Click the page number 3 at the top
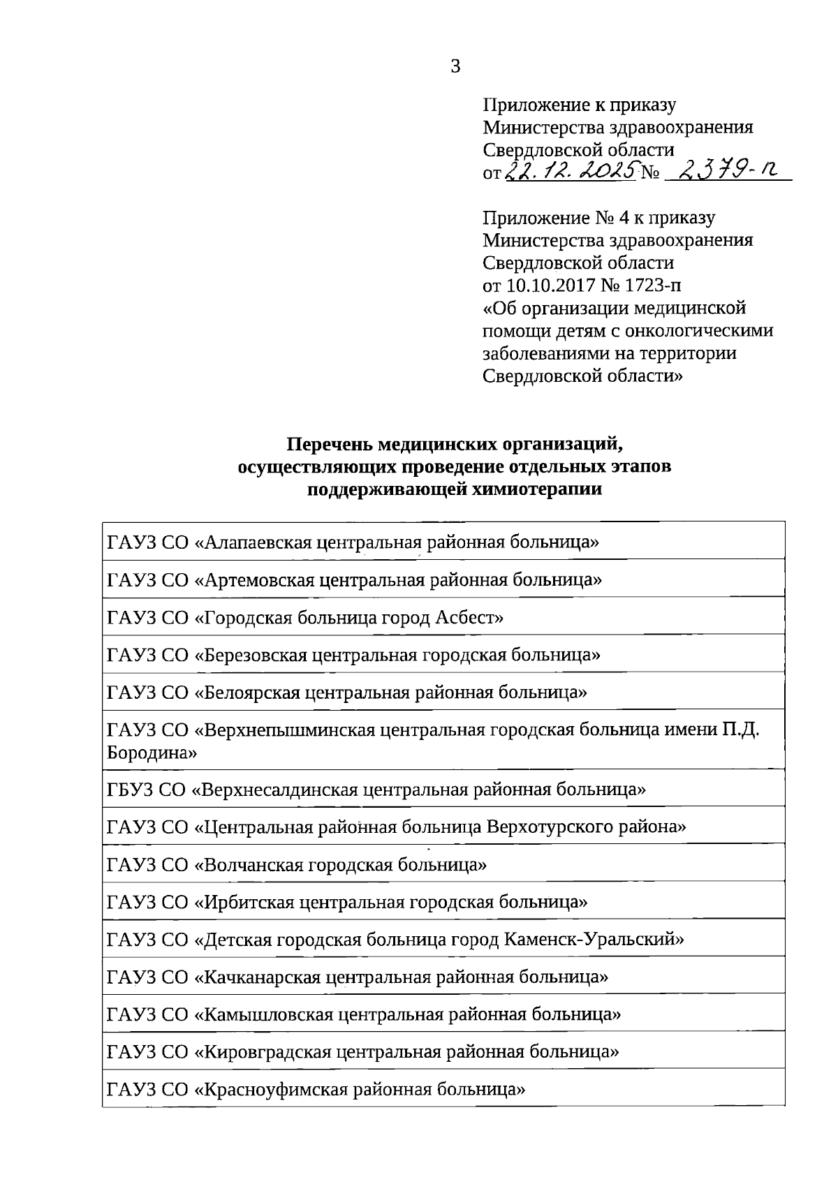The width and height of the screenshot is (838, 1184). coord(455,67)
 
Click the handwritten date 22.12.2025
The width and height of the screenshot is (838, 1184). coord(571,170)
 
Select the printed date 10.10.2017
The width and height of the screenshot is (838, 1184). coord(545,286)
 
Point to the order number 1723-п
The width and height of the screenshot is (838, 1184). coord(654,286)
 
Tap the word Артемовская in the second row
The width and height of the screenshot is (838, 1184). coord(254,580)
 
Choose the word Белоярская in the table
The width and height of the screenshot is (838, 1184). coord(247,693)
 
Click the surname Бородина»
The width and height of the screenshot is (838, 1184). coord(152,753)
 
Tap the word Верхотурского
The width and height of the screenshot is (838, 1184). coord(550,827)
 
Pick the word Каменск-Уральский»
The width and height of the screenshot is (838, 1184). coord(594,940)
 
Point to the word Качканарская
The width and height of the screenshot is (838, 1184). coord(258,977)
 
